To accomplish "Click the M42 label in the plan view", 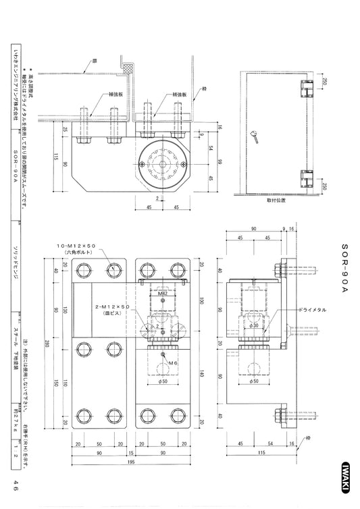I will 163,294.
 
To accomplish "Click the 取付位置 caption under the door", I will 277,200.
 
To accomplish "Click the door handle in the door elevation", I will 259,138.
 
